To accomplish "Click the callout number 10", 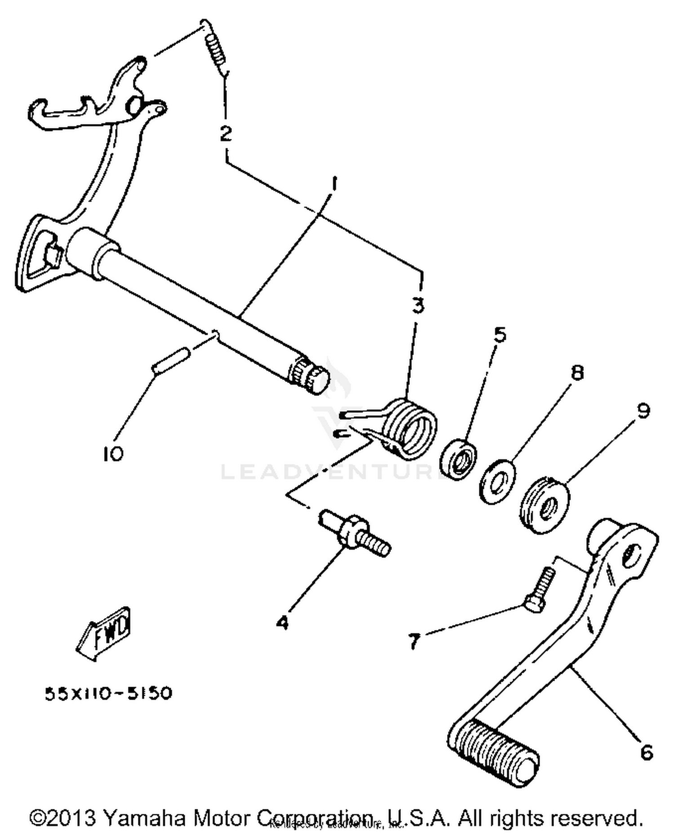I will (x=112, y=454).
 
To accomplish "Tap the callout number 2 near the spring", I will (x=226, y=133).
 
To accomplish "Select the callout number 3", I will (x=418, y=306).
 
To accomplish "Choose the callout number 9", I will (x=643, y=410).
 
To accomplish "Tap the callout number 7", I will (x=413, y=641).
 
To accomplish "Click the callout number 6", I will (x=646, y=751).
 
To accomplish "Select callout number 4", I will (x=282, y=623).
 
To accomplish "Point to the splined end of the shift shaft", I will (x=310, y=377).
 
